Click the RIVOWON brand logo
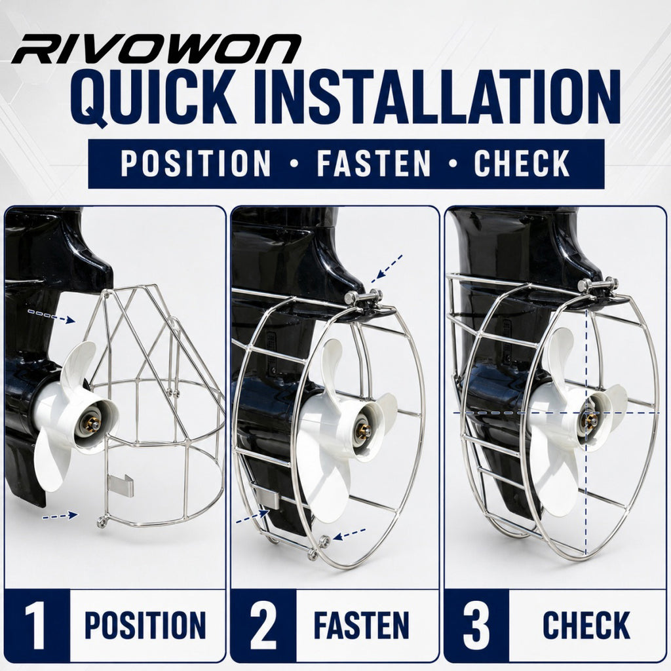(156, 49)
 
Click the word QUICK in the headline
(153, 98)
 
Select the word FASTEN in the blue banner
(374, 163)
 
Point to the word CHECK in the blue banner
(522, 163)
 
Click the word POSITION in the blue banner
(195, 163)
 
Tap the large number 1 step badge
(36, 625)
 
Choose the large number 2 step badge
(263, 625)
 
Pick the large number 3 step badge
(476, 625)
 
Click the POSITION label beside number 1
(145, 625)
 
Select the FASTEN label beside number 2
(362, 625)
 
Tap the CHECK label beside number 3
(586, 625)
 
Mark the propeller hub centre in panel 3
(592, 419)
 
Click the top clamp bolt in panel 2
(364, 296)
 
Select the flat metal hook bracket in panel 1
(121, 486)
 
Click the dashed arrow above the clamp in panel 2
(387, 269)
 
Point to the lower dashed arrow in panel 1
(60, 516)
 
